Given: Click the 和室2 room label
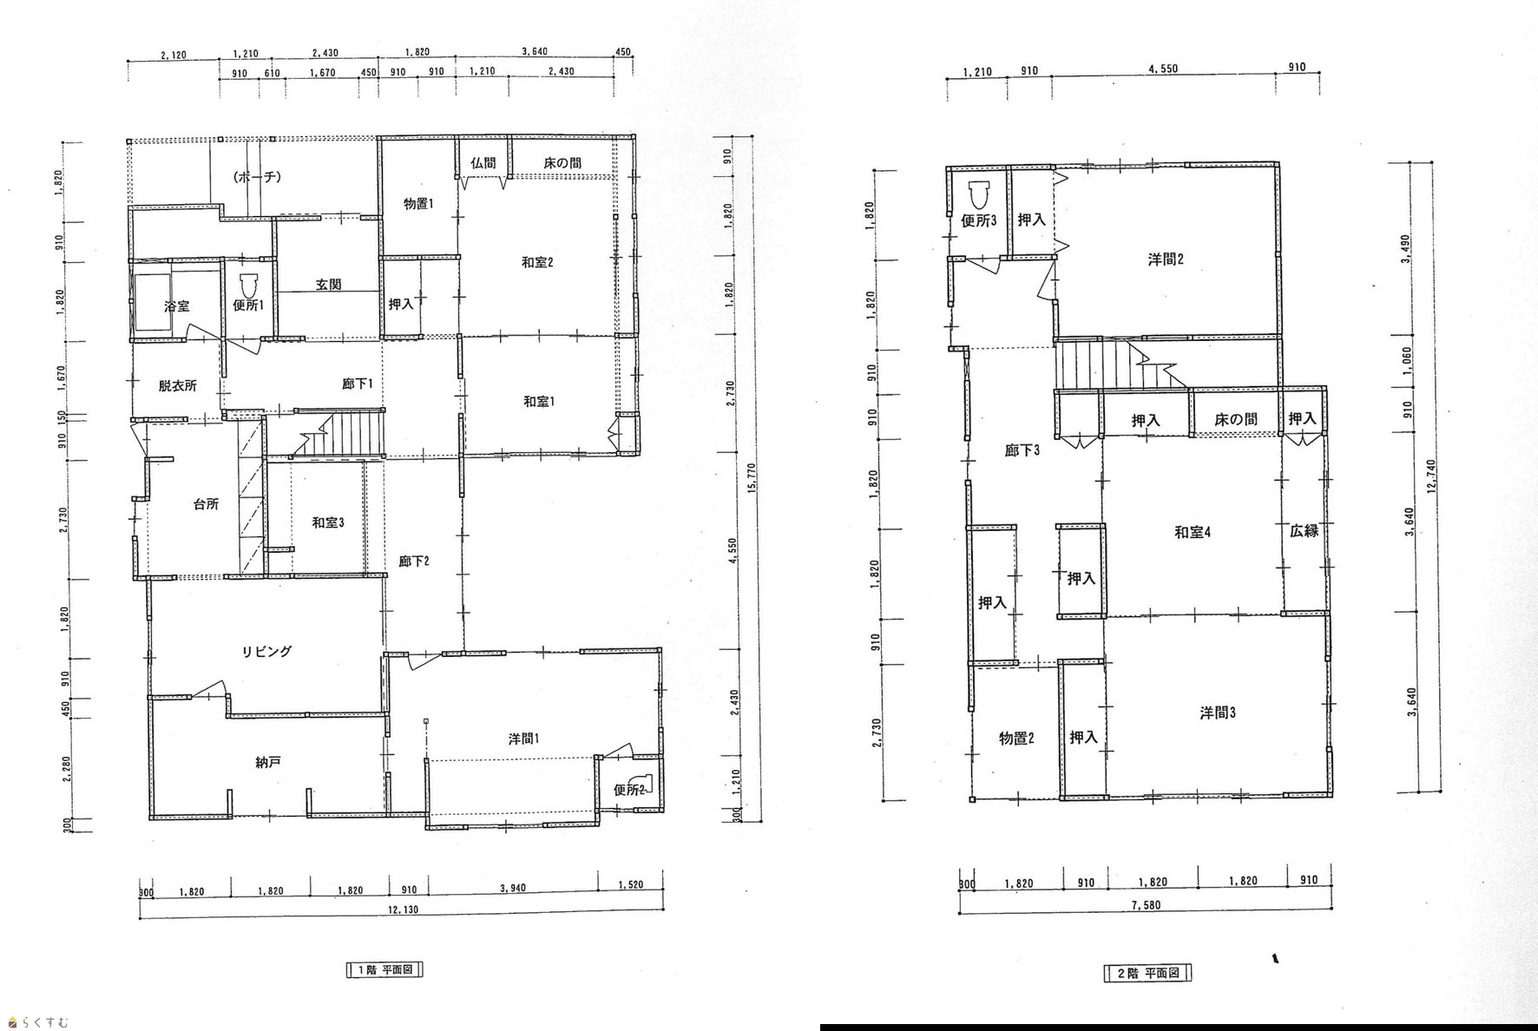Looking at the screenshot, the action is pos(537,262).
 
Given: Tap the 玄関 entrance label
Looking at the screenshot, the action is pos(328,285).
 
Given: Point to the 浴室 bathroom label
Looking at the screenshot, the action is pos(177,306).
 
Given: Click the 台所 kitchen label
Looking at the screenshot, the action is pos(206,503).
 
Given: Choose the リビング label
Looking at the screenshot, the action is pos(266,652).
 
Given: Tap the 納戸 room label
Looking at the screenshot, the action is pos(268,763).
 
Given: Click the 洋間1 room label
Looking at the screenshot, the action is pos(524,739).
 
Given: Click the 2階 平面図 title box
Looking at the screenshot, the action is pos(1147,973).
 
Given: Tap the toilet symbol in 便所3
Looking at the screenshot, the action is pos(978,195).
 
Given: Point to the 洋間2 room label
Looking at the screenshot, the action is pos(1166,259).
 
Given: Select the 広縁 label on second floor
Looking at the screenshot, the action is pos(1304,530).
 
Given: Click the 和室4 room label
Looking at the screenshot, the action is pos(1193,532).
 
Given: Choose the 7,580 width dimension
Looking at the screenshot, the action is pos(1147,905).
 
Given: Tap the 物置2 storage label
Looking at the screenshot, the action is pos(1015,739).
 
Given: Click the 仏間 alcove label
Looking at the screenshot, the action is pos(483,162).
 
